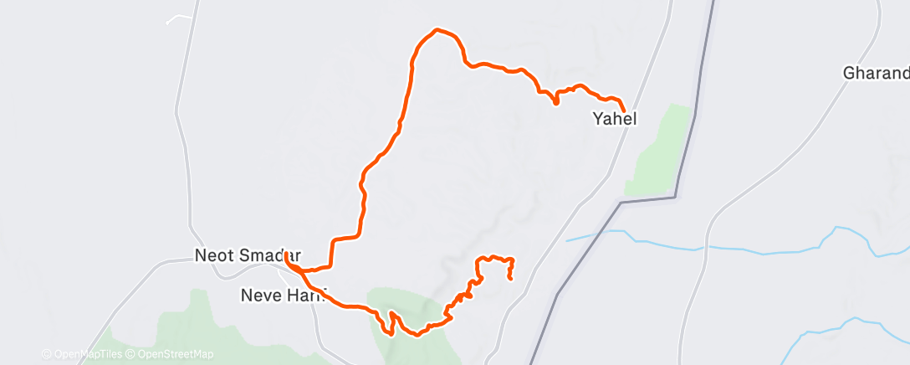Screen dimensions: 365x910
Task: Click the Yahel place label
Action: click(x=615, y=120)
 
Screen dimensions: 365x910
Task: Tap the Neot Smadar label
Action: click(x=247, y=255)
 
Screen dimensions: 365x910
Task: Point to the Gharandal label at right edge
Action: click(x=876, y=74)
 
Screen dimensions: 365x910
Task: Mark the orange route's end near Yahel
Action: click(x=624, y=110)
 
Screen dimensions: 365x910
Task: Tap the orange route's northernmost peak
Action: click(x=437, y=30)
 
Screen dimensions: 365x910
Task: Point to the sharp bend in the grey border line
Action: click(x=621, y=202)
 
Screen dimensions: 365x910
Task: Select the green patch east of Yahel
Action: click(x=661, y=151)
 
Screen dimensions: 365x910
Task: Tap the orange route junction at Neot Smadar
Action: click(x=288, y=255)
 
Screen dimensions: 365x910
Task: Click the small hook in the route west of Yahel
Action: click(x=556, y=101)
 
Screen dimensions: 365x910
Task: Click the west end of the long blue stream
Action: click(x=568, y=241)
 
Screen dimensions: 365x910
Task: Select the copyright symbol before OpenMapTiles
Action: click(x=46, y=355)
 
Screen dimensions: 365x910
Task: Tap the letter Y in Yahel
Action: click(x=597, y=120)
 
